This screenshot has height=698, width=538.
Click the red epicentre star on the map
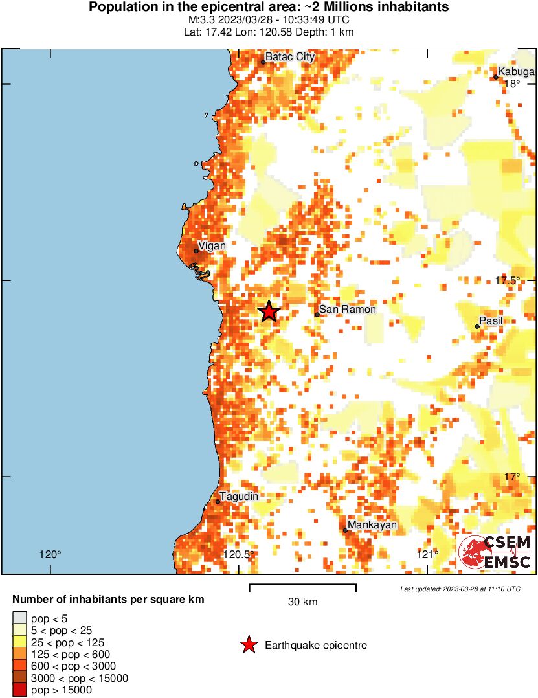click(269, 311)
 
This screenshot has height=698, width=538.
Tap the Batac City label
click(290, 57)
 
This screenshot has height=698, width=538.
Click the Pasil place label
click(491, 321)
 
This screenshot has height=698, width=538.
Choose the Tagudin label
click(239, 497)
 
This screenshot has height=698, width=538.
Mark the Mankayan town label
click(372, 525)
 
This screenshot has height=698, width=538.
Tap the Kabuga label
click(516, 72)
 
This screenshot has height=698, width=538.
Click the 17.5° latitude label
click(508, 280)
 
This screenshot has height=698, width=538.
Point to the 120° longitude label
click(50, 554)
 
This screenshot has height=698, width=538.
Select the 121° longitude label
click(427, 554)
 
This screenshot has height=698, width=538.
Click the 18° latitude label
click(512, 84)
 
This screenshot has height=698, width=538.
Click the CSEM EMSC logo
click(495, 552)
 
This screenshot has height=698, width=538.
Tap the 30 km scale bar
click(302, 588)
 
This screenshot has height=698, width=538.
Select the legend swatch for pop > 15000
click(20, 690)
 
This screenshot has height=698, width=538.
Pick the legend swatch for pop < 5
click(20, 618)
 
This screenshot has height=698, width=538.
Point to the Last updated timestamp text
click(460, 589)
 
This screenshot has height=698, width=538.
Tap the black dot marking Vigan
click(196, 251)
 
